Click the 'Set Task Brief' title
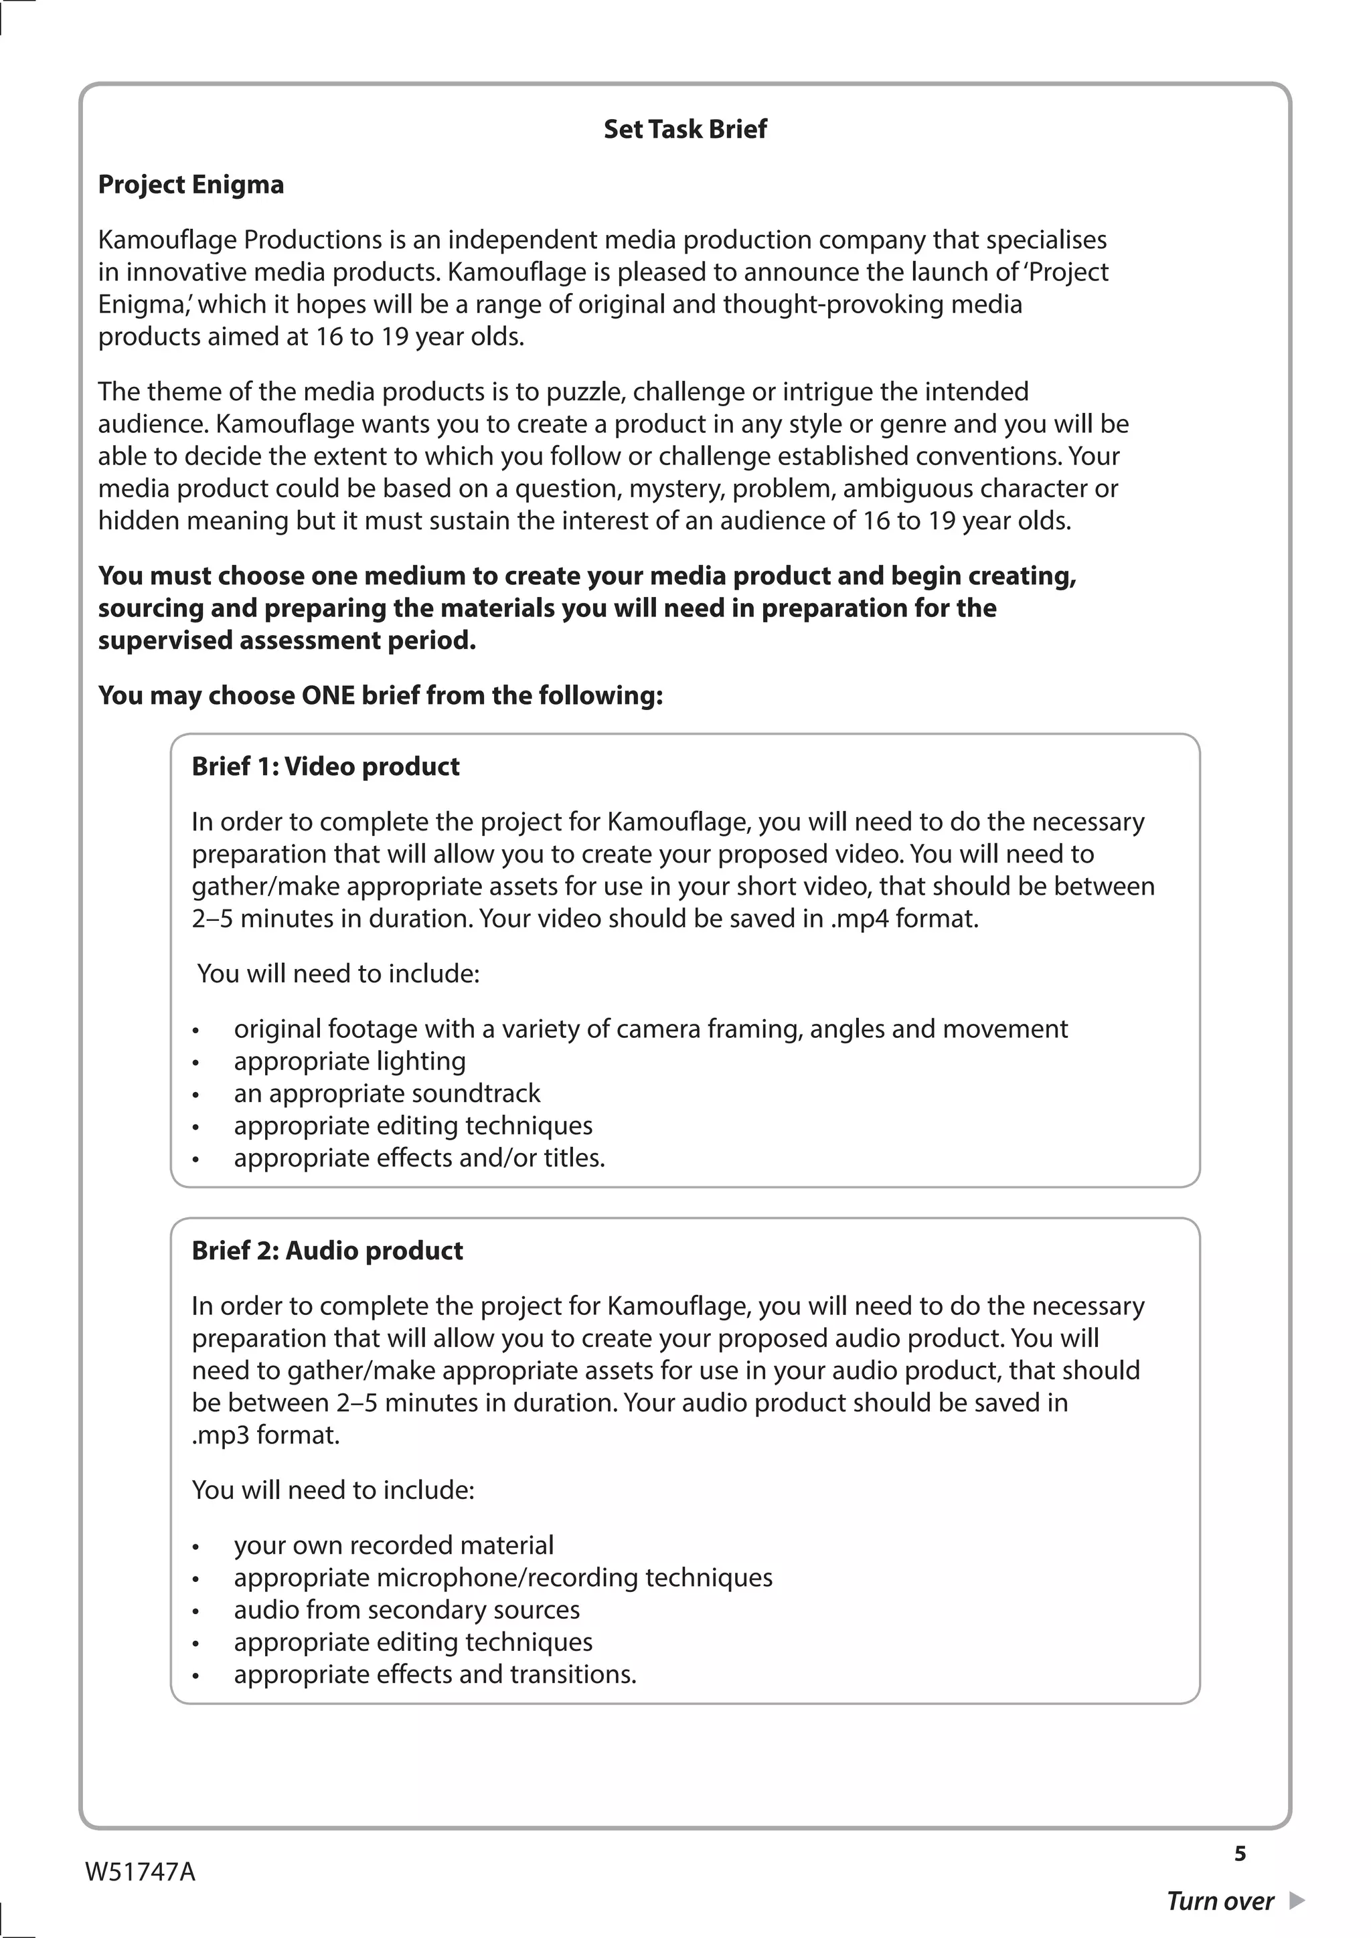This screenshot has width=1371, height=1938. tap(685, 129)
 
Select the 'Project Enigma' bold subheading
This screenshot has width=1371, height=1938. tap(191, 185)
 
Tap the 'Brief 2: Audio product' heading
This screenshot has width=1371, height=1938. tap(327, 1250)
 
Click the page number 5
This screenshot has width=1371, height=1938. tap(1239, 1854)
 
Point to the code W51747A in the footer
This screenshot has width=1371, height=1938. tap(140, 1872)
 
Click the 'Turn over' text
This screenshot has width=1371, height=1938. tap(1219, 1901)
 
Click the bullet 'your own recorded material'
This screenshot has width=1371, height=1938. tap(394, 1545)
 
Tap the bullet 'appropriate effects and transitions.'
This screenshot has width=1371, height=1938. tap(434, 1674)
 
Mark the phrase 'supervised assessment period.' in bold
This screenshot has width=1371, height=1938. tap(287, 640)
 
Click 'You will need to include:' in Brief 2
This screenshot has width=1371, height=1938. tap(333, 1490)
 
